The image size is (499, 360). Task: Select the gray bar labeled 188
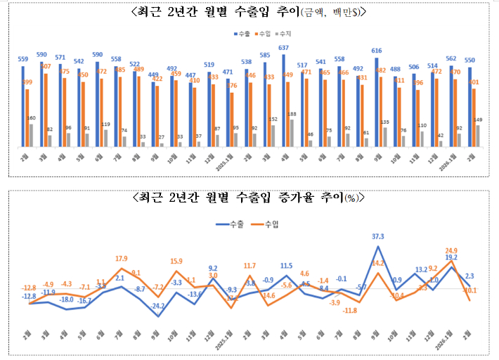[292, 134]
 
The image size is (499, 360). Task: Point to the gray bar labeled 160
[32, 136]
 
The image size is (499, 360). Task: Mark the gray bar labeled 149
[478, 136]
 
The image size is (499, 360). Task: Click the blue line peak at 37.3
[378, 247]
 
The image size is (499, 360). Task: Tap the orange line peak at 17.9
[122, 269]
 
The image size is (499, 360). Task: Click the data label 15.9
[176, 262]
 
